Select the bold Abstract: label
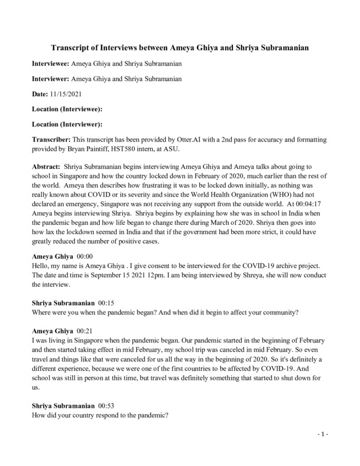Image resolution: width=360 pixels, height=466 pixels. click(45, 166)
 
